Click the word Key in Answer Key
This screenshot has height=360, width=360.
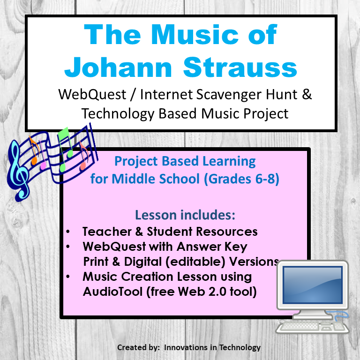[x=235, y=247]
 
